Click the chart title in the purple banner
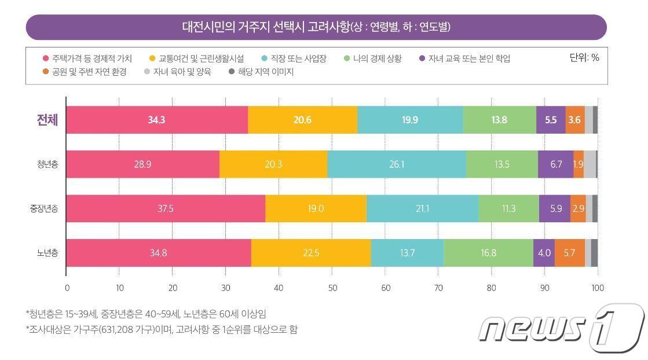(316, 27)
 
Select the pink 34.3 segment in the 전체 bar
(157, 120)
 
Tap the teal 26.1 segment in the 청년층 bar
(396, 164)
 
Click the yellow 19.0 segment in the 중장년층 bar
(316, 208)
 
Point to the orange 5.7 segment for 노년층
(569, 253)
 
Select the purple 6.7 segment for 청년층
(555, 164)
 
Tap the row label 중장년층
(44, 209)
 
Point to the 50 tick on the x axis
(332, 288)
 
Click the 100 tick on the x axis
(598, 288)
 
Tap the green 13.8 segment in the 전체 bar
(499, 120)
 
